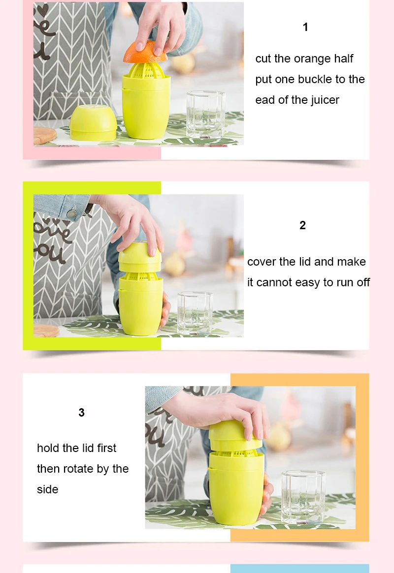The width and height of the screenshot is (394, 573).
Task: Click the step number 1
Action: point(305,27)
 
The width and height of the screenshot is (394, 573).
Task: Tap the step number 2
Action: point(302,225)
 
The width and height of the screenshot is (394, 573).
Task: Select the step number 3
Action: point(82,413)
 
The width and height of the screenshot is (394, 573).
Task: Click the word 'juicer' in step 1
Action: point(325,100)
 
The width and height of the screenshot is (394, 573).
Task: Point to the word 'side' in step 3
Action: point(48,489)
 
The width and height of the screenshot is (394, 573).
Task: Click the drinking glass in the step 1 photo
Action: point(205,115)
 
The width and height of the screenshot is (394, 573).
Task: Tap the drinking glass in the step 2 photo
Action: point(195,313)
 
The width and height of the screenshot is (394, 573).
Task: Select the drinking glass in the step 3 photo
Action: point(303,497)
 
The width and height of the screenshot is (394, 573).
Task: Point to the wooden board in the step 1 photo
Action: point(44,135)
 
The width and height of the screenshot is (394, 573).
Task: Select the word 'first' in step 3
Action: point(106,448)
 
